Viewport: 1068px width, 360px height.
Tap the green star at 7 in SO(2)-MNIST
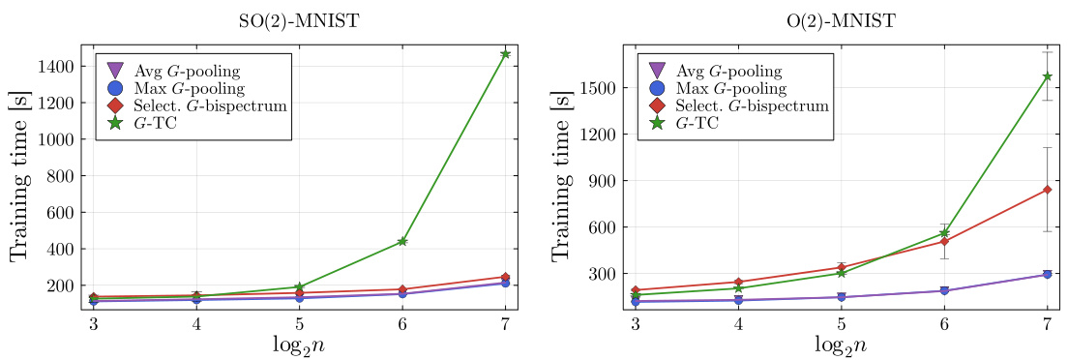click(x=505, y=54)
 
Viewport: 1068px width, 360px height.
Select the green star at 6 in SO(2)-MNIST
click(x=402, y=241)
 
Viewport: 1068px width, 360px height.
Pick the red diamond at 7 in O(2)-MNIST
click(x=1047, y=190)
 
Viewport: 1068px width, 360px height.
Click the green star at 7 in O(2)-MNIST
click(x=1047, y=76)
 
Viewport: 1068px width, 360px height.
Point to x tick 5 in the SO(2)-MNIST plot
click(x=300, y=323)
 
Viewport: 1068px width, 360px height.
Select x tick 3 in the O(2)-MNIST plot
click(x=636, y=323)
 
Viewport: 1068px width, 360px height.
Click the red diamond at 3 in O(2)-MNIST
click(x=636, y=290)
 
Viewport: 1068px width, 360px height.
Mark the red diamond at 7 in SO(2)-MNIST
click(x=505, y=277)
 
